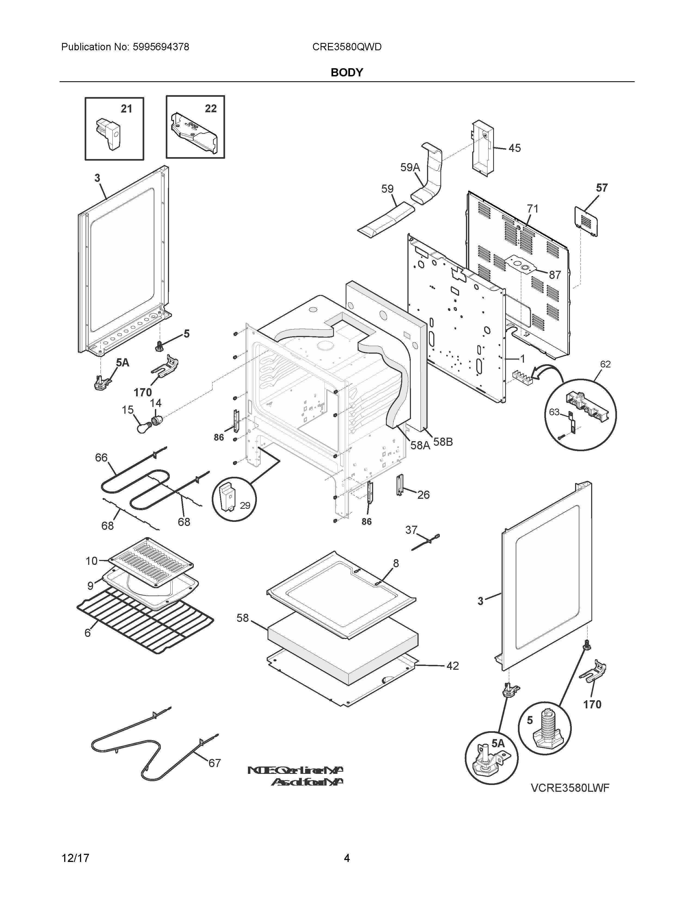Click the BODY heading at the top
tap(346, 73)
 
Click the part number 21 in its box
tap(126, 109)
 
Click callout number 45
tap(514, 148)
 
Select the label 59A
tap(410, 167)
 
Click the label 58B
tap(443, 442)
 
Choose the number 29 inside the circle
tap(245, 506)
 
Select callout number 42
tap(452, 666)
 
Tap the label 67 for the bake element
tap(215, 763)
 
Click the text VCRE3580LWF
tap(569, 788)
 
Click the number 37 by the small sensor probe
tap(411, 530)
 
